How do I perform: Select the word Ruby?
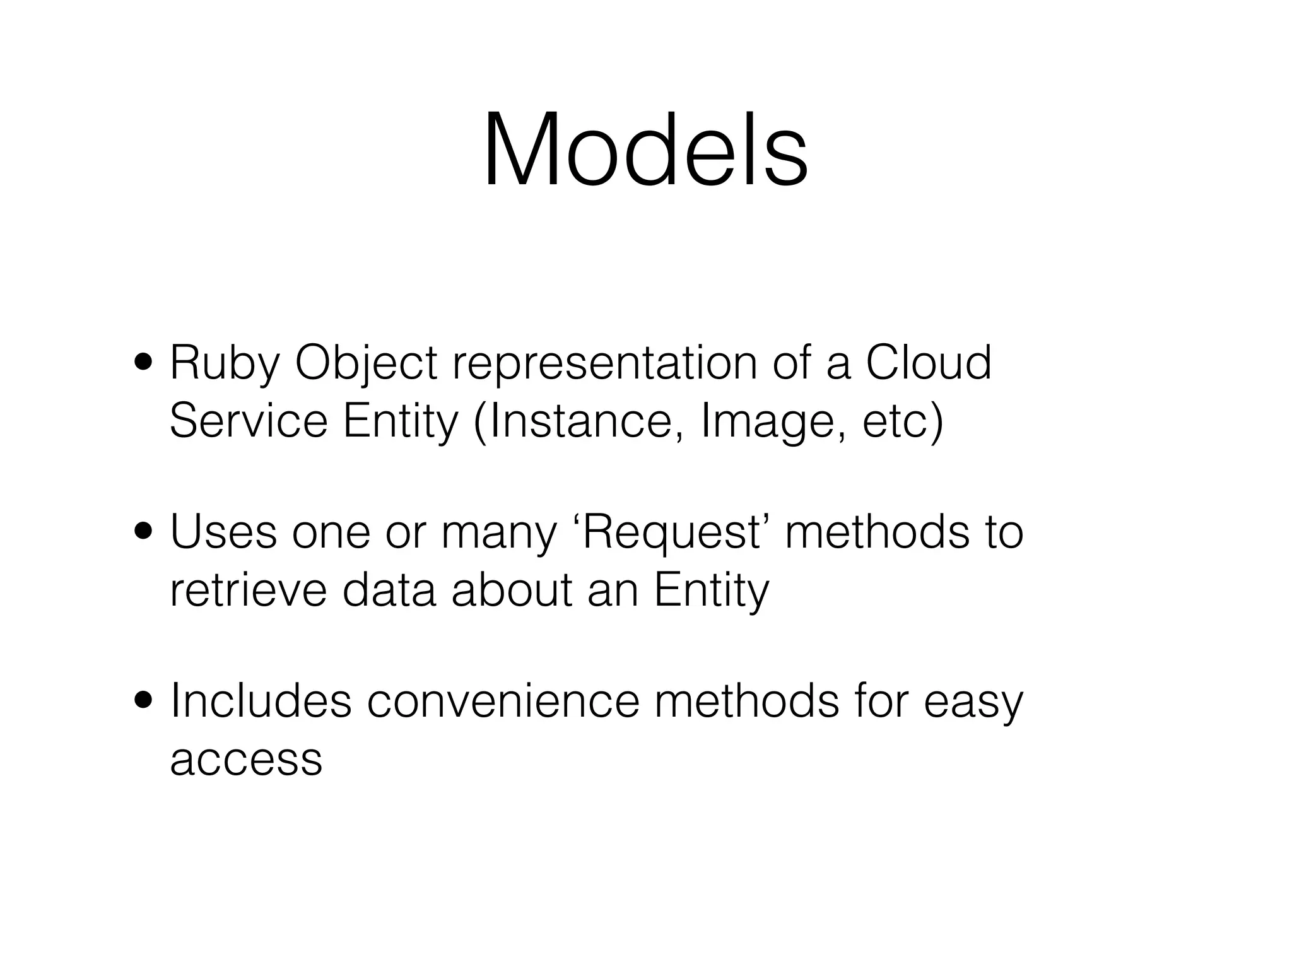point(224,365)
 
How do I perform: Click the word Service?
point(249,421)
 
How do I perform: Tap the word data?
point(389,590)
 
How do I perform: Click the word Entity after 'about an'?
point(712,592)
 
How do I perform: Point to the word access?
point(246,759)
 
